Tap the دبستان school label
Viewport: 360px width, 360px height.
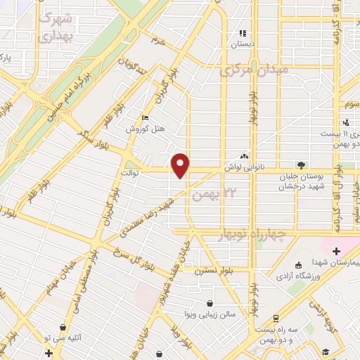[243, 44]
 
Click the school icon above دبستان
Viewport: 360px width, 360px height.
[243, 32]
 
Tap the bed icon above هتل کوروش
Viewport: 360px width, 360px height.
[146, 118]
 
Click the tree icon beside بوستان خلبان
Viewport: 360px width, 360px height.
[302, 165]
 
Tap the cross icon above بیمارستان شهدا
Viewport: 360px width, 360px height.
[336, 251]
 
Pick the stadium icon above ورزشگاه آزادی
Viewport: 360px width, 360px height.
[299, 265]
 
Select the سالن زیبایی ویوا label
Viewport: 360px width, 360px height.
[209, 314]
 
